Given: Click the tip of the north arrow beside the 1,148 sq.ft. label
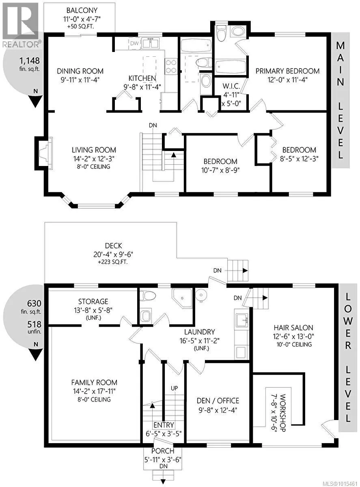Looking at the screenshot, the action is pyautogui.click(x=36, y=108).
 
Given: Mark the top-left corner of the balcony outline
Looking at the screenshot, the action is pyautogui.click(x=44, y=3).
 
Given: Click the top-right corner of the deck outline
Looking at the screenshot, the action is pyautogui.click(x=177, y=222).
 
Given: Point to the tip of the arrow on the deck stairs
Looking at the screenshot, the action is pyautogui.click(x=248, y=271).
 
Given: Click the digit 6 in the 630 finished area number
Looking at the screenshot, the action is pyautogui.click(x=29, y=304).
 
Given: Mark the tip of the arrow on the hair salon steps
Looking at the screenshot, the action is pyautogui.click(x=268, y=298).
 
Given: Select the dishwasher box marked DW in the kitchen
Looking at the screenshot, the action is pyautogui.click(x=134, y=43).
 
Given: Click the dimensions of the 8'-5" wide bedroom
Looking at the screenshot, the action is pyautogui.click(x=299, y=159).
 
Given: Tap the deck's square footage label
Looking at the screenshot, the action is pyautogui.click(x=113, y=262).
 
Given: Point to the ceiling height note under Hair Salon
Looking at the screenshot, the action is pyautogui.click(x=294, y=344).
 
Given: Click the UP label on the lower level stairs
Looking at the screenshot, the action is pyautogui.click(x=174, y=388).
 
